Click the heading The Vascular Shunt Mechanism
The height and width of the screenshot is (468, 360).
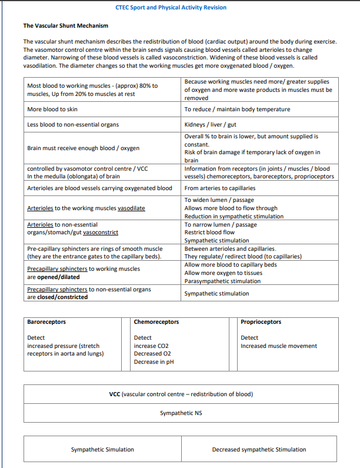[x=65, y=26]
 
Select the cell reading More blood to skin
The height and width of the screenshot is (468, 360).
[x=52, y=109]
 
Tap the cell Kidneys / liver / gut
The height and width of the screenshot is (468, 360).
[x=210, y=124]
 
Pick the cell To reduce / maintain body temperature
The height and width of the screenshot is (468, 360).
[x=237, y=109]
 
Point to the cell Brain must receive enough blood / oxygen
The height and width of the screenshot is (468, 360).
[x=84, y=148]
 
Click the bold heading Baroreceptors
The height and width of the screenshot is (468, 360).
[x=46, y=322]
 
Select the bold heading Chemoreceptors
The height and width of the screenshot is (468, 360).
[x=156, y=322]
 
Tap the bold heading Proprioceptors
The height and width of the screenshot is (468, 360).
[x=261, y=322]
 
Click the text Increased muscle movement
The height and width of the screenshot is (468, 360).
[x=279, y=346]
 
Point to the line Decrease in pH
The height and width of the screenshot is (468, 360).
[x=154, y=362]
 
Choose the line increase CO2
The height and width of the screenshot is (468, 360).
[x=151, y=346]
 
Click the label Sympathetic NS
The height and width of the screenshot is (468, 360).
[x=181, y=413]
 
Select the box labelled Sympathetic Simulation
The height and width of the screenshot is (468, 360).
[x=102, y=450]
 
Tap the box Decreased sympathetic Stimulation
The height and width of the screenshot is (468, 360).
[x=259, y=450]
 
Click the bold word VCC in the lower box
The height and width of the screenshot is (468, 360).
[x=115, y=394]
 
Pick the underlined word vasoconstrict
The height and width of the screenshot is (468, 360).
[x=101, y=233]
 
